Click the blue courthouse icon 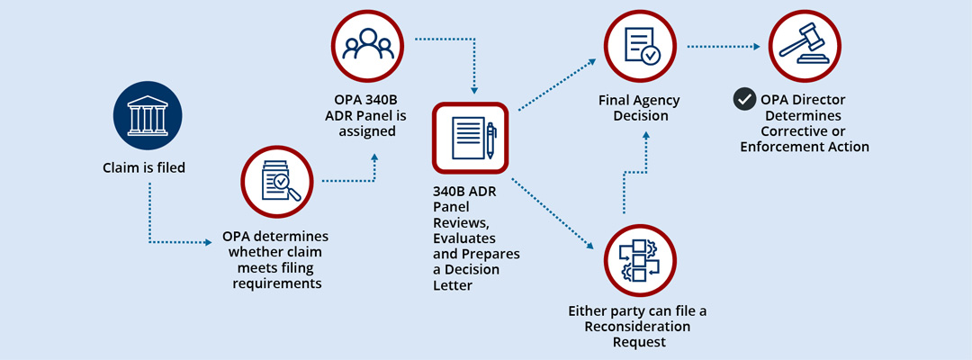(147, 119)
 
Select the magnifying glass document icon (275, 184)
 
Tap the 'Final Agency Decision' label (639, 108)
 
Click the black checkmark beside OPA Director (743, 99)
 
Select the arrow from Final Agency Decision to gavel (724, 46)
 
